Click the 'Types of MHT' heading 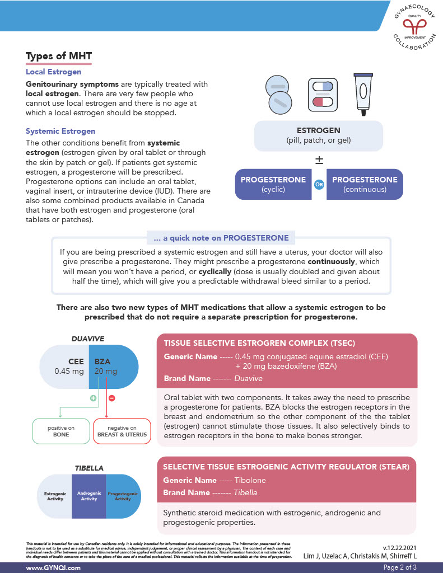pos(59,57)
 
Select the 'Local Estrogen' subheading pos(53,72)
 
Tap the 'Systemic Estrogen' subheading pos(60,131)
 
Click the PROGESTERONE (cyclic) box pos(273,184)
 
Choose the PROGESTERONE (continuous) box pos(365,184)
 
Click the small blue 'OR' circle pos(319,184)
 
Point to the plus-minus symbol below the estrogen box pos(319,160)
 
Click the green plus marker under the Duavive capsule pos(94,398)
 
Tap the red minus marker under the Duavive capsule pos(111,398)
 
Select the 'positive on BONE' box pos(62,431)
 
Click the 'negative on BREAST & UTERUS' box pos(122,431)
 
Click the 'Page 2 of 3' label pos(400,567)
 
